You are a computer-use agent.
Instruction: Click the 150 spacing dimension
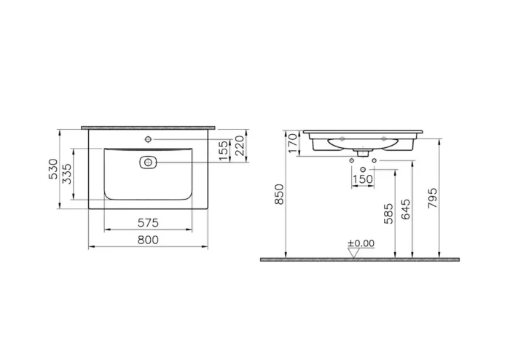point(363,179)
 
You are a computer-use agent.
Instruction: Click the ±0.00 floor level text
point(360,243)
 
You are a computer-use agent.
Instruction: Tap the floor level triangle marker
point(356,253)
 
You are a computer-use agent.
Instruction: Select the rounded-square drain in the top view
point(148,162)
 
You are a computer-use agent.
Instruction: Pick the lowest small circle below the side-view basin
point(363,168)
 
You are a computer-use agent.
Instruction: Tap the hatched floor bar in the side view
point(360,259)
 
